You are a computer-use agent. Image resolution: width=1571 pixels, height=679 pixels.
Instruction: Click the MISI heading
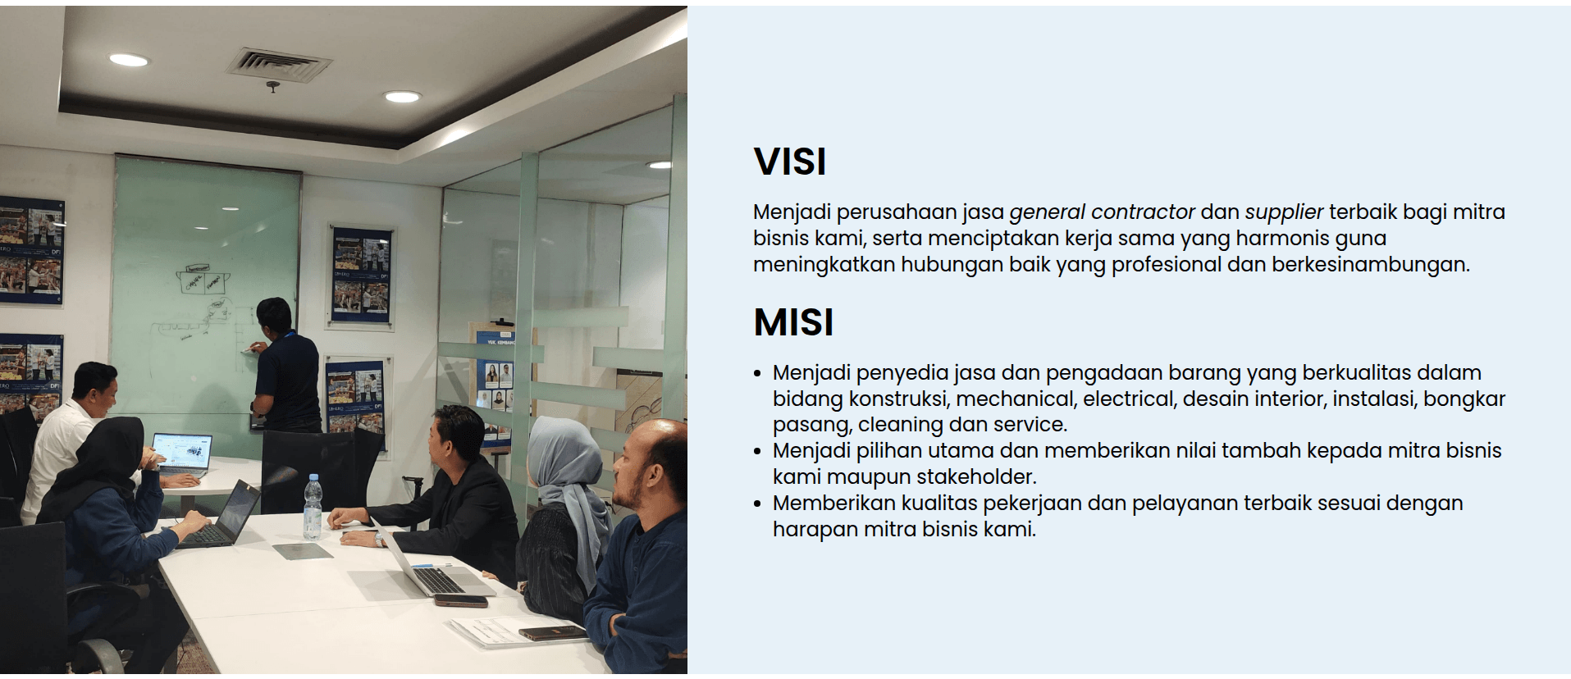pos(793,321)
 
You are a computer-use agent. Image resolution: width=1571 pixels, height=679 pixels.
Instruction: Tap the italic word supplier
pos(1284,212)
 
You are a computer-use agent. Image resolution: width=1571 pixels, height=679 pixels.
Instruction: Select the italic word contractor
pos(1143,212)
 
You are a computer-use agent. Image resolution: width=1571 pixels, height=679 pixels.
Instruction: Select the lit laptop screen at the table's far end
pos(183,453)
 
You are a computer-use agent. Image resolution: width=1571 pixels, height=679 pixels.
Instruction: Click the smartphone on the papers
pos(550,633)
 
